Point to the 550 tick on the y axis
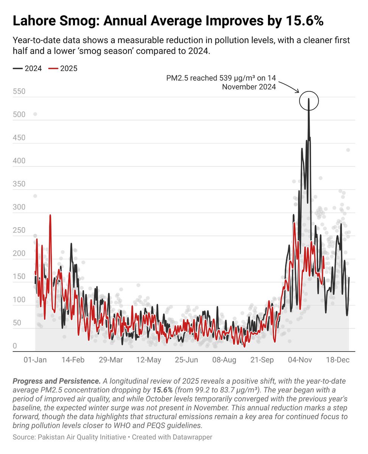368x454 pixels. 19,92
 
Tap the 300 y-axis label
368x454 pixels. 19,207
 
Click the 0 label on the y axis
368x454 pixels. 15,346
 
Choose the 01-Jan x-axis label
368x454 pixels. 35,360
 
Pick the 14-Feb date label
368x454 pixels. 73,360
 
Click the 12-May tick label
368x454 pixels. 149,360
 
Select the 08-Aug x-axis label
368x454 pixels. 225,360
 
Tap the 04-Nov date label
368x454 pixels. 300,360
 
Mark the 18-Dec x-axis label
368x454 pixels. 338,360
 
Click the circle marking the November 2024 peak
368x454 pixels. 309,101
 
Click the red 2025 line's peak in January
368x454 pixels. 50,215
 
